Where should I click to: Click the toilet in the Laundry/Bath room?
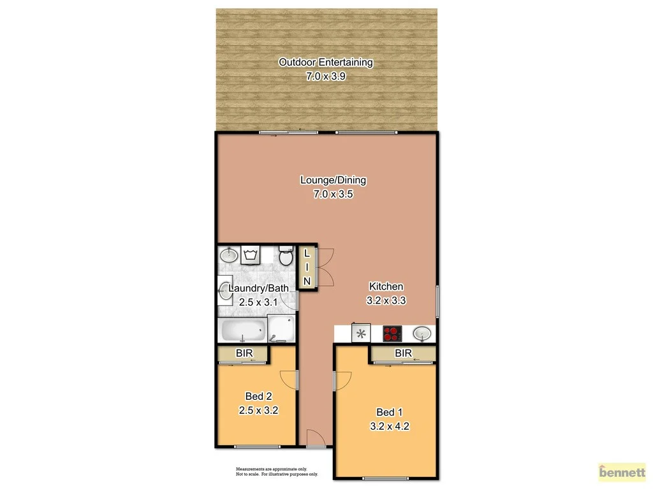[286, 257]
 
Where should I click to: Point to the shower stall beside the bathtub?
[281, 329]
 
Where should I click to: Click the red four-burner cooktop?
[393, 333]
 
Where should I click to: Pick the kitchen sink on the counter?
[422, 333]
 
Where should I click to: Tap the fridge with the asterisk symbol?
[362, 333]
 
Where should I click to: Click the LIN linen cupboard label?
[307, 267]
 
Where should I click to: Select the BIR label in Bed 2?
[244, 353]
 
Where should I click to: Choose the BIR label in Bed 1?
[402, 353]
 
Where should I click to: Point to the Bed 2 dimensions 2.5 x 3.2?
[258, 411]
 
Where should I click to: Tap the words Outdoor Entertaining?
[325, 62]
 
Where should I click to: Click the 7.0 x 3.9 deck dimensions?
[325, 76]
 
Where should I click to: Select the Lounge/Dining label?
[333, 180]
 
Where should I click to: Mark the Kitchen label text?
[386, 287]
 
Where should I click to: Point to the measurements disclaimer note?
[277, 472]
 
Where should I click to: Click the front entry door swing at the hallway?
[315, 437]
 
